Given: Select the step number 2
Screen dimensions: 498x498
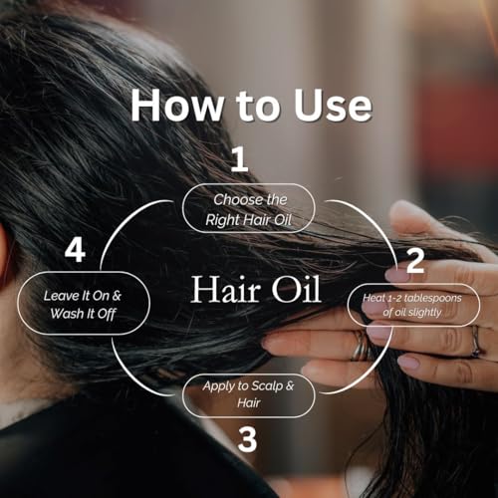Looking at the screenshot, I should coord(415,261).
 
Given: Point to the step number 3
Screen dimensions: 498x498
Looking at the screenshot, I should coord(248,439).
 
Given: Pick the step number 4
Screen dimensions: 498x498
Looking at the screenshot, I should coord(75,250).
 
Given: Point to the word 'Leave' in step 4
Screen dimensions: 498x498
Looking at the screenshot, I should coord(63,296).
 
